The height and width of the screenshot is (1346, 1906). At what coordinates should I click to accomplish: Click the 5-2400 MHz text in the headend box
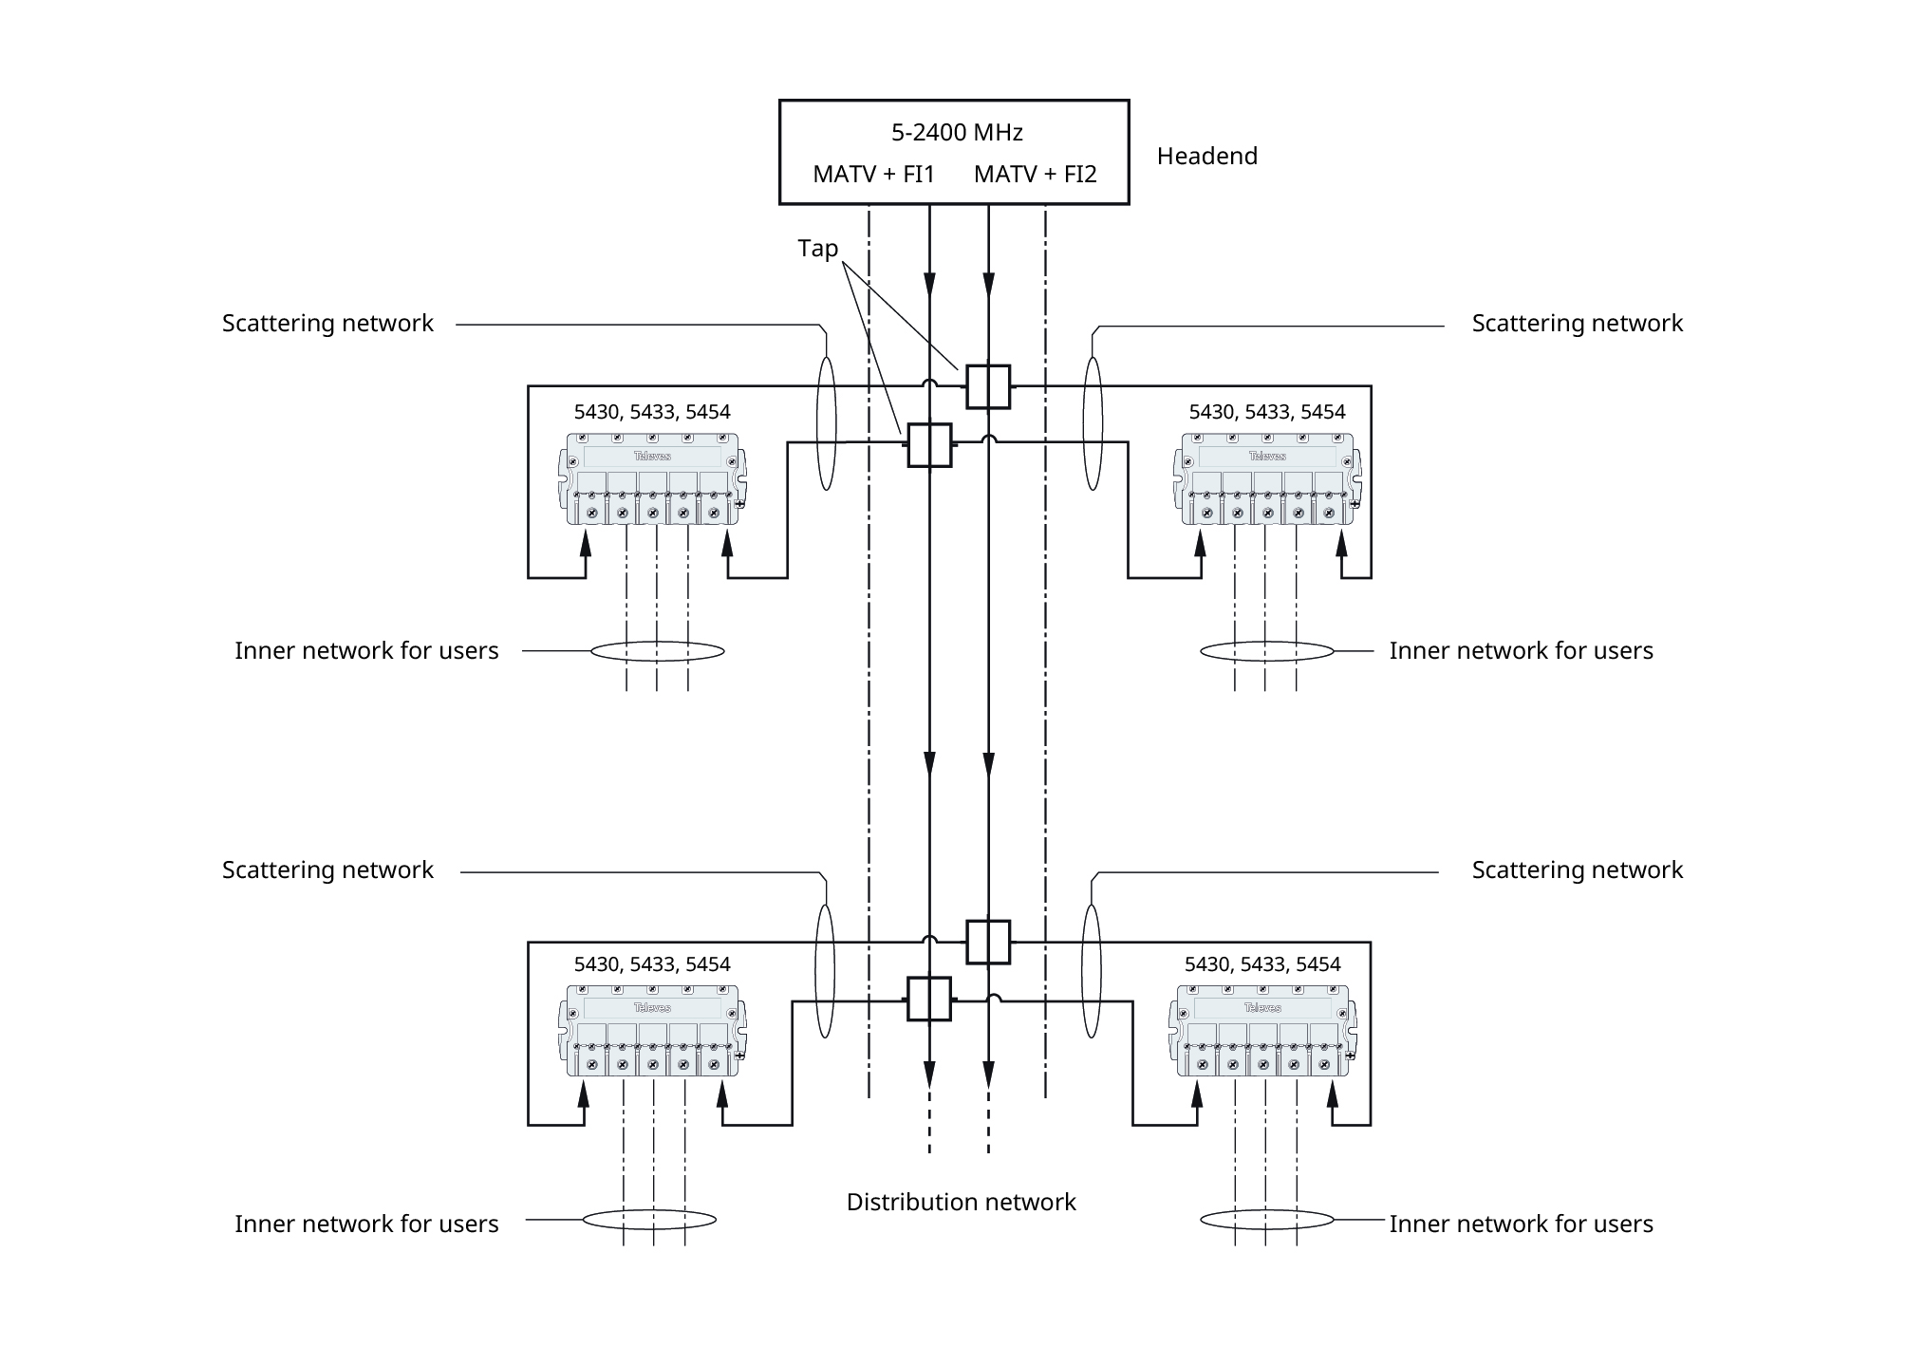956,133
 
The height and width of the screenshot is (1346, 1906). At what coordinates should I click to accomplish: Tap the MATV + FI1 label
873,175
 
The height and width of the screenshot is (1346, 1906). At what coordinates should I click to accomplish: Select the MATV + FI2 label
1035,175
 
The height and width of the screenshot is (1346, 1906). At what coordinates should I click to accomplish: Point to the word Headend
1206,157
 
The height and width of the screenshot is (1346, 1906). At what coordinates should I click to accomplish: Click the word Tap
817,249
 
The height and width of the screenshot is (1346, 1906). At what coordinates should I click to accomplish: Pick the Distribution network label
961,1203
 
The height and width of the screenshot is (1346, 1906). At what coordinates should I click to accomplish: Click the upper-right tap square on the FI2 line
988,387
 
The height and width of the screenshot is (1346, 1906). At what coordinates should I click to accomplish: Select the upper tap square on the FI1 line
929,445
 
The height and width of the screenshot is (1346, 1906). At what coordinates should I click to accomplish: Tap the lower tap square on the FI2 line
988,942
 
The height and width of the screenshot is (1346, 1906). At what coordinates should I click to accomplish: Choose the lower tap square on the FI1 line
929,1000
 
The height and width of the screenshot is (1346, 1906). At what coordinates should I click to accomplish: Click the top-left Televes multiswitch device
652,479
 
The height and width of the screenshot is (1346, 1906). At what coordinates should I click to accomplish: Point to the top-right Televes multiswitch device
1267,479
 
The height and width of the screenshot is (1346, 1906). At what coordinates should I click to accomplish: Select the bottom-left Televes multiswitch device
652,1031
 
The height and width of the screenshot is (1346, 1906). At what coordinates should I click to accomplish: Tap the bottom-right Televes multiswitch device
1262,1031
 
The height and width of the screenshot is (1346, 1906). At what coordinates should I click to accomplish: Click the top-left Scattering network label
327,324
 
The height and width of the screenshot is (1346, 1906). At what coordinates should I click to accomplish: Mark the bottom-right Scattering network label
1577,870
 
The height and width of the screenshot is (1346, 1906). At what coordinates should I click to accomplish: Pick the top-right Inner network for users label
1521,651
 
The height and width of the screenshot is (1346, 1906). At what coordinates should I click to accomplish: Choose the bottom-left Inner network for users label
366,1224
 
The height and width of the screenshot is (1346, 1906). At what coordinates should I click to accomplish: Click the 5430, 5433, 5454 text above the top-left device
652,412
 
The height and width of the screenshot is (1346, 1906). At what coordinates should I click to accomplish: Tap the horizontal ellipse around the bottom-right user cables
1266,1219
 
